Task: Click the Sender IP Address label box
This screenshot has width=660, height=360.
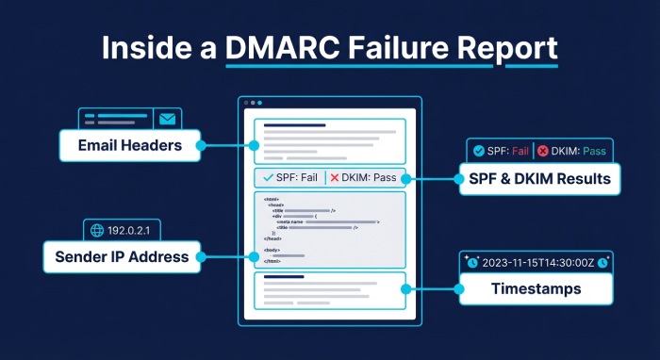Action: click(123, 255)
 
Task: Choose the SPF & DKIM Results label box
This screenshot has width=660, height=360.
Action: click(539, 178)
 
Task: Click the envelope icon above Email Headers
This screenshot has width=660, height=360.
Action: click(168, 120)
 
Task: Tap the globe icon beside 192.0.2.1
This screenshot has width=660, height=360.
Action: click(95, 229)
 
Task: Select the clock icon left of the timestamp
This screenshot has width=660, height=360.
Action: click(472, 263)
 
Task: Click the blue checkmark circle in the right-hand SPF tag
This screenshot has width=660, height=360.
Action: click(479, 151)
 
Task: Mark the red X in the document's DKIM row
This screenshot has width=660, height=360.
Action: click(335, 178)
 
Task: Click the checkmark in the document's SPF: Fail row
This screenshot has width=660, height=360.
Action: click(268, 178)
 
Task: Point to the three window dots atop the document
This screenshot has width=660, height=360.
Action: click(252, 103)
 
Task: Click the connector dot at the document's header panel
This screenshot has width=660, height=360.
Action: click(254, 145)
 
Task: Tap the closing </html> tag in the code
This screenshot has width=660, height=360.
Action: click(272, 261)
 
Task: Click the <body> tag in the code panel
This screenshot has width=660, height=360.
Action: click(272, 250)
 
